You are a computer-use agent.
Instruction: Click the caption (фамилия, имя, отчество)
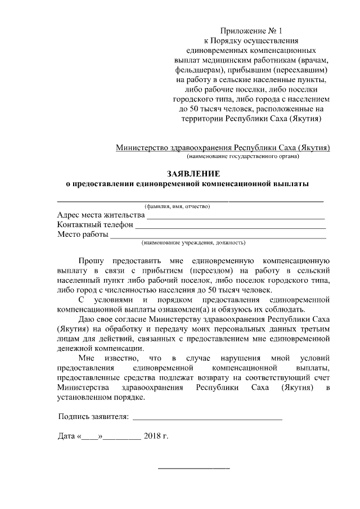point(177,206)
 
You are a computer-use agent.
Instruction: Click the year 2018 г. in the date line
point(156,436)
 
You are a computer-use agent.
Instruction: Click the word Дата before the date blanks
point(67,436)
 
